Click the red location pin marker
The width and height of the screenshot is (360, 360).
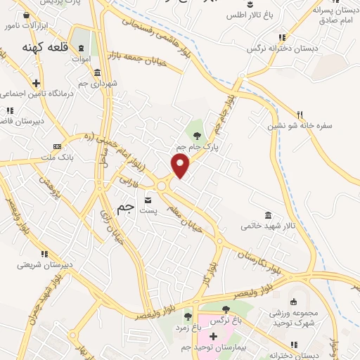(181, 165)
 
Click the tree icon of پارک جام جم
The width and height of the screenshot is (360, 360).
(197, 134)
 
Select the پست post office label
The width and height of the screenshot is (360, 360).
(148, 210)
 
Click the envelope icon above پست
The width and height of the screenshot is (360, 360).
(148, 198)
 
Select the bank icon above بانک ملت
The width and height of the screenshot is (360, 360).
(57, 146)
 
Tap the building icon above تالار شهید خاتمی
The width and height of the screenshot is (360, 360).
(268, 214)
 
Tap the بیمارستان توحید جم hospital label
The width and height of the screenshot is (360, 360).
(212, 348)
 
